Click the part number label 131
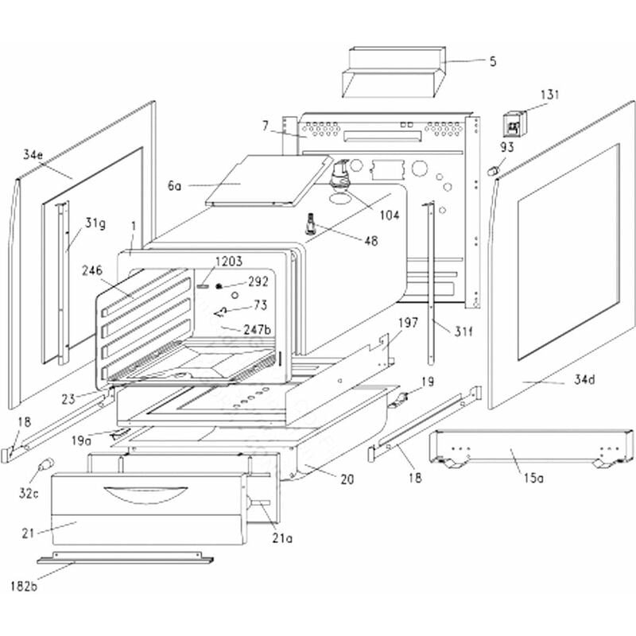[x=549, y=95]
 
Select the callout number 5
[x=492, y=60]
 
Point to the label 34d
[x=584, y=380]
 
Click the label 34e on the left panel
[x=33, y=154]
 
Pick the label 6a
[x=175, y=185]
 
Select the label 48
[x=370, y=242]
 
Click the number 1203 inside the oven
[x=227, y=261]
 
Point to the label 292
[x=258, y=281]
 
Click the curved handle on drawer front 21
[x=144, y=494]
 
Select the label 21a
[x=282, y=539]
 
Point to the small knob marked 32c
[x=47, y=463]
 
